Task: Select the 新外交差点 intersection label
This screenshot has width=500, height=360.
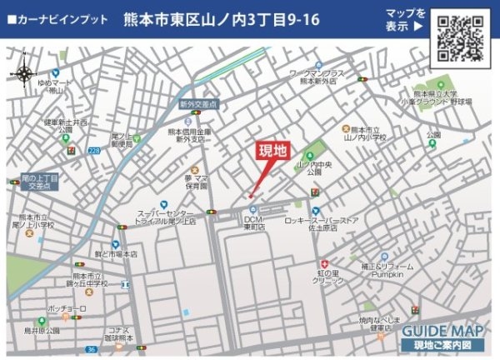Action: point(198,105)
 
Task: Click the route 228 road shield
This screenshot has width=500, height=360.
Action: point(94,151)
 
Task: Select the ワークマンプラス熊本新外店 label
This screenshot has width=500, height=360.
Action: point(317,78)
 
